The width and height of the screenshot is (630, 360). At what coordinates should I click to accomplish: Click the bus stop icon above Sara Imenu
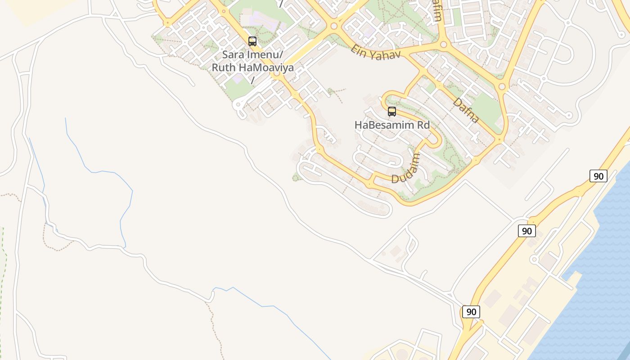252,41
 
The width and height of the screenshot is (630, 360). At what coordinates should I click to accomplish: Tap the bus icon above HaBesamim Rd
392,112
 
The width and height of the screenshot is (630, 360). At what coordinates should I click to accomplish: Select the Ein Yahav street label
375,52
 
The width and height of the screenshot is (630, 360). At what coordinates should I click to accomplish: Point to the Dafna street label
466,110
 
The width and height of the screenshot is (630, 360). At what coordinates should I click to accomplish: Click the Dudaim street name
406,168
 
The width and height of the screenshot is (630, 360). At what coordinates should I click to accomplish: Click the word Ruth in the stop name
222,68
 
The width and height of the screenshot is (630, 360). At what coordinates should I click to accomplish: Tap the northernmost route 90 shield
598,176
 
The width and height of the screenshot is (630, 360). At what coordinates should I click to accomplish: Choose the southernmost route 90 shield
471,312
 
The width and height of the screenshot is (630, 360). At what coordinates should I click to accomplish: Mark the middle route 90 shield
526,231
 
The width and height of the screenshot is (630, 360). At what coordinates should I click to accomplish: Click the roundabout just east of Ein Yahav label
443,44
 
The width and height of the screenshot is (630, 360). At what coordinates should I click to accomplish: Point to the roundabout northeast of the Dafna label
502,86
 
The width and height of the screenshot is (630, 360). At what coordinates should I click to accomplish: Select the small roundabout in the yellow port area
534,260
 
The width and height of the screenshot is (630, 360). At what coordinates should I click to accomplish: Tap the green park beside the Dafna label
486,108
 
